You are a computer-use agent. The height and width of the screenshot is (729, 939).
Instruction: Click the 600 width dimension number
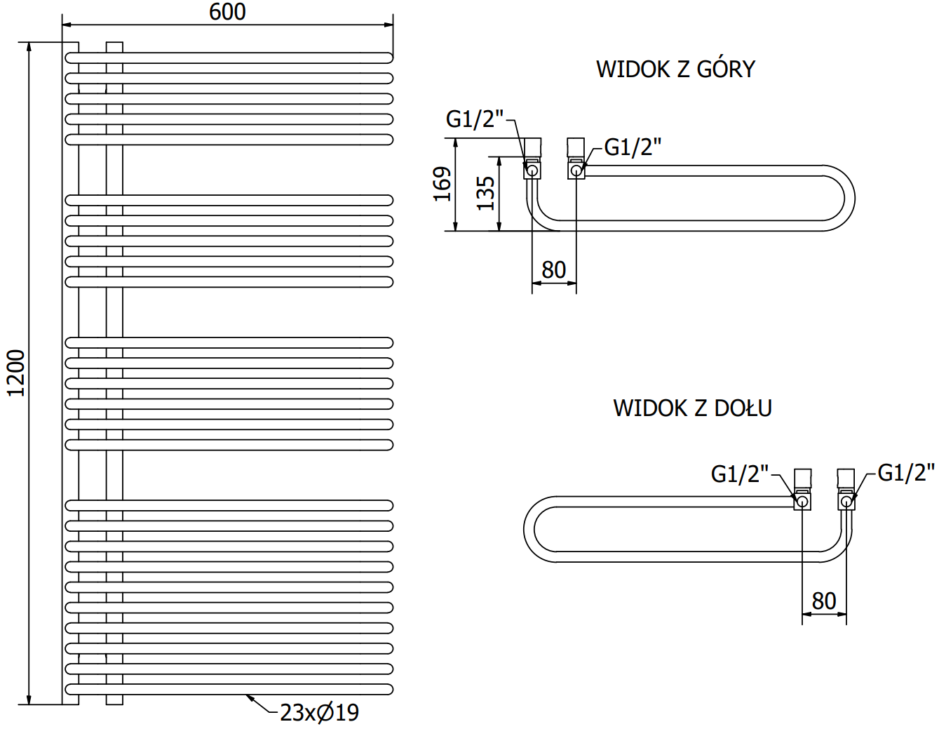(x=227, y=12)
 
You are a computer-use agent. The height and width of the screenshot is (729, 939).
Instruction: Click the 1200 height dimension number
(x=15, y=373)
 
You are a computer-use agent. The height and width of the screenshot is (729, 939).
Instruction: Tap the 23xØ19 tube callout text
(x=319, y=713)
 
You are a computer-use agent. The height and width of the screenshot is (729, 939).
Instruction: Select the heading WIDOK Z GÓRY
(x=675, y=69)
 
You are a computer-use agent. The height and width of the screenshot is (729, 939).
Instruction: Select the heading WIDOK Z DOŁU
(x=692, y=408)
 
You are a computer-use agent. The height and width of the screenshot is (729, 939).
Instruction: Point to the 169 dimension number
(x=442, y=184)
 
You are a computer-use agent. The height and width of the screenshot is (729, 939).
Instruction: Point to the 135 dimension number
(x=485, y=193)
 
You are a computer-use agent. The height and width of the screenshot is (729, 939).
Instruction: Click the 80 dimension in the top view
(x=553, y=269)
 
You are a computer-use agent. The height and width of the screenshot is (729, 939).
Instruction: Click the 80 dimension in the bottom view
(x=824, y=601)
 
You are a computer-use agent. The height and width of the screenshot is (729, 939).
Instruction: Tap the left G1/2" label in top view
(x=475, y=119)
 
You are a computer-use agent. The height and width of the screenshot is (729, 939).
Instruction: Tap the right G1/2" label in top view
(x=633, y=147)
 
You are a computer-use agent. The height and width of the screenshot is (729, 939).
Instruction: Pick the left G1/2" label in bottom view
(x=740, y=474)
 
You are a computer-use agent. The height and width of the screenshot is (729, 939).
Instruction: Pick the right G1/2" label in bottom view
(x=906, y=473)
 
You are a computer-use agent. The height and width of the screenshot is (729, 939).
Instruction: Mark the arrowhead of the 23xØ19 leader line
(x=248, y=697)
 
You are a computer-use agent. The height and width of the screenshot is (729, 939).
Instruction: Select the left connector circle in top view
(x=532, y=170)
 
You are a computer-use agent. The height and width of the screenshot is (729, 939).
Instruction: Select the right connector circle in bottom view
(x=846, y=501)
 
